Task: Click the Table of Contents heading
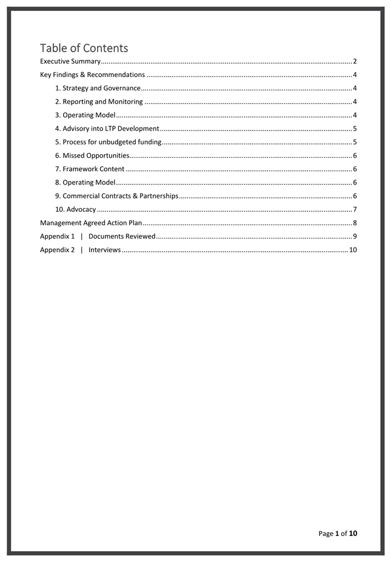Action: click(x=84, y=48)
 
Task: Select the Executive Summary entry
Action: click(x=70, y=61)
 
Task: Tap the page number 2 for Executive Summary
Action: click(x=354, y=61)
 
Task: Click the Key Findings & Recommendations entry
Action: click(x=92, y=75)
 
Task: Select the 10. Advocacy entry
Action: click(x=75, y=209)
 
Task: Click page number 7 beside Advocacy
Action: click(x=354, y=209)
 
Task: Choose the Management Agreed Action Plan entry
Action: click(x=91, y=223)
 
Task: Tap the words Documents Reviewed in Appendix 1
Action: click(x=122, y=236)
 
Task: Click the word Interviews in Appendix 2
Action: click(x=104, y=249)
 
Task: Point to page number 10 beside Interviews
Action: click(x=352, y=249)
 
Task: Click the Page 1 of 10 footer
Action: click(x=338, y=533)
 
